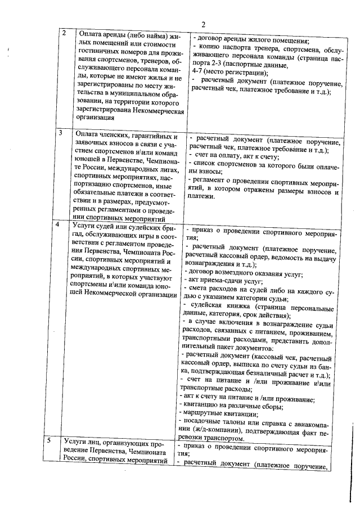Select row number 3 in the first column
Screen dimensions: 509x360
click(61, 133)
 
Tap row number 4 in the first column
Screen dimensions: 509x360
click(61, 224)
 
